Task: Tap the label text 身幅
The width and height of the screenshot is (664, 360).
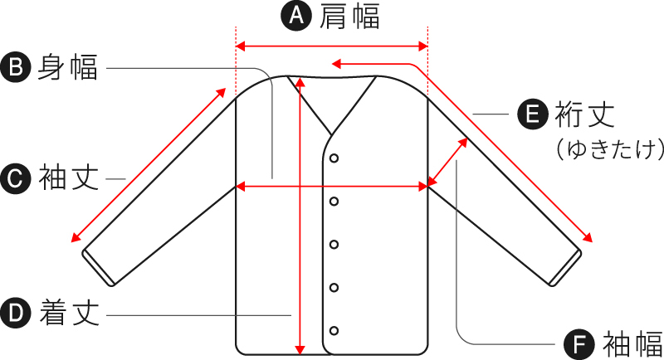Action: tap(68, 67)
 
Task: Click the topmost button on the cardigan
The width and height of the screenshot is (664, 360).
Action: tap(334, 158)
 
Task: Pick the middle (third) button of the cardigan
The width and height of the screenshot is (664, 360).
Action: tap(334, 244)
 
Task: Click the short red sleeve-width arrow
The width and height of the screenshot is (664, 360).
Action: tap(449, 162)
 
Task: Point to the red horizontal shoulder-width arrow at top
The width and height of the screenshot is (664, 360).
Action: tap(332, 46)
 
